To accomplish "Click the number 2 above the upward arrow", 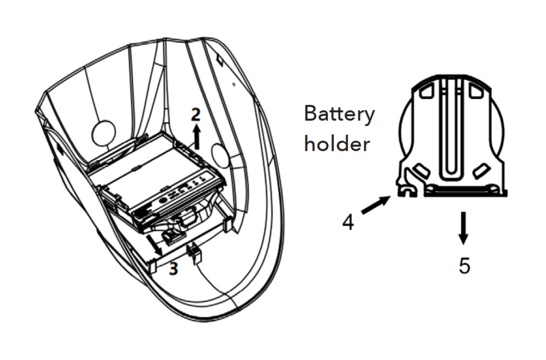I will click(197, 114).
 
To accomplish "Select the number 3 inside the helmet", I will click(173, 269).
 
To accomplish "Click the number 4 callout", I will click(348, 222).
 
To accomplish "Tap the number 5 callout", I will click(464, 266).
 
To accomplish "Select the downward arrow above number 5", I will click(464, 228).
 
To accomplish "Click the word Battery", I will click(339, 114).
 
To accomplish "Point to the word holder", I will click(336, 145).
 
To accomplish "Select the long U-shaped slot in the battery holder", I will click(451, 128).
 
